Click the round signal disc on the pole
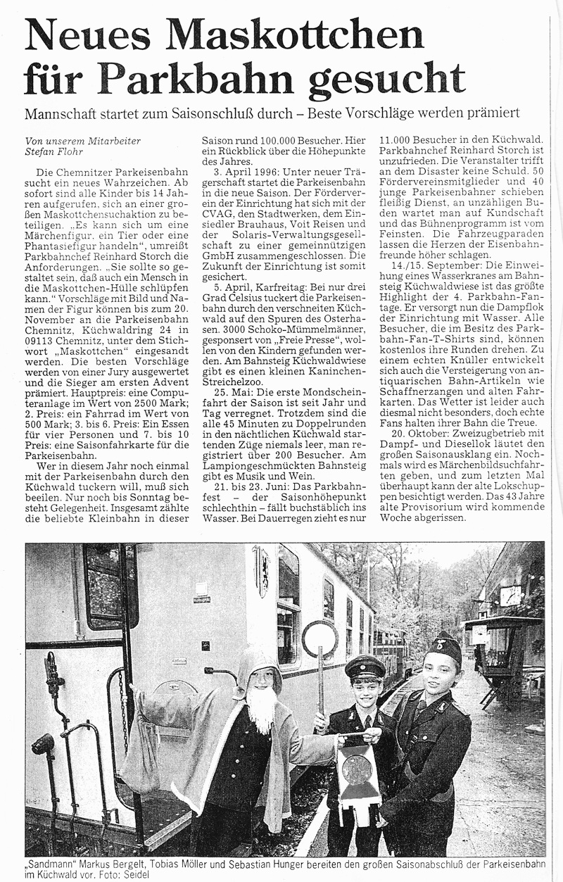tap(320, 640)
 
